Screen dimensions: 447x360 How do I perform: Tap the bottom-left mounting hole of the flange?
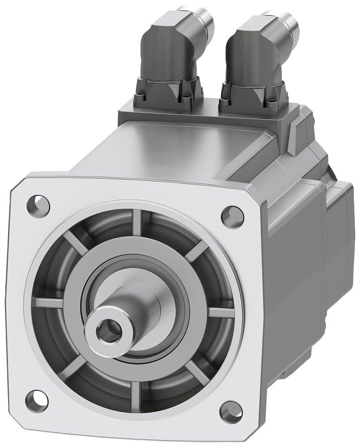(x=36, y=401)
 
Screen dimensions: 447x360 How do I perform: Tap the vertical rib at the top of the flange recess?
(x=136, y=222)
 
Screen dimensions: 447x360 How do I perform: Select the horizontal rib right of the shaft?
(x=221, y=312)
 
